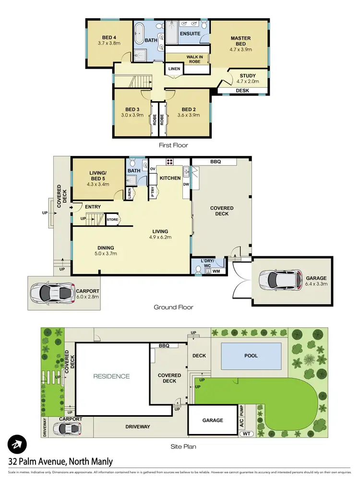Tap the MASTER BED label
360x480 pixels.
[x=240, y=41]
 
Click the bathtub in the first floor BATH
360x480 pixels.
[x=141, y=34]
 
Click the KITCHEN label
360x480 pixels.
[x=170, y=178]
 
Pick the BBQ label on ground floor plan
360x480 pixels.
[x=215, y=162]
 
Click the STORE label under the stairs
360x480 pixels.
[x=112, y=220]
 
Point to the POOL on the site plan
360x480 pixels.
[x=251, y=356]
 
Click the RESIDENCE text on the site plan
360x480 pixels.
[x=111, y=376]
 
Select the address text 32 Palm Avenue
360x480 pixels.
[x=60, y=462]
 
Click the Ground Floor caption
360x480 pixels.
[x=173, y=307]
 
